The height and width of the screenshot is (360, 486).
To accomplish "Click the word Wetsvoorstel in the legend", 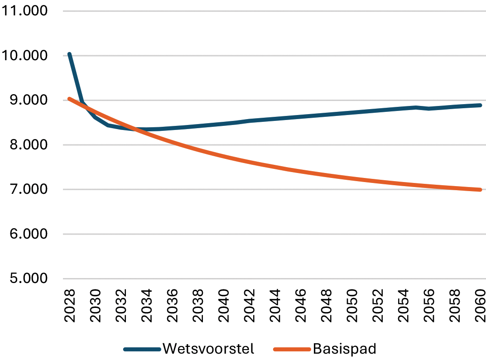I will [208, 349].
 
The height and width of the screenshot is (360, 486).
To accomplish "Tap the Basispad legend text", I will [344, 349].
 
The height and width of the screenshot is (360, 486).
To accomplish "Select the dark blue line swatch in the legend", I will [142, 349].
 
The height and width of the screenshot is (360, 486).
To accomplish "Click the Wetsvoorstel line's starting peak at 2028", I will [69, 54].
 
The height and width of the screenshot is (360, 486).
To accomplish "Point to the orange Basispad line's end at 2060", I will [480, 190].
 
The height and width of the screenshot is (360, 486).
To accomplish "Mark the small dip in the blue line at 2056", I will [428, 109].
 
